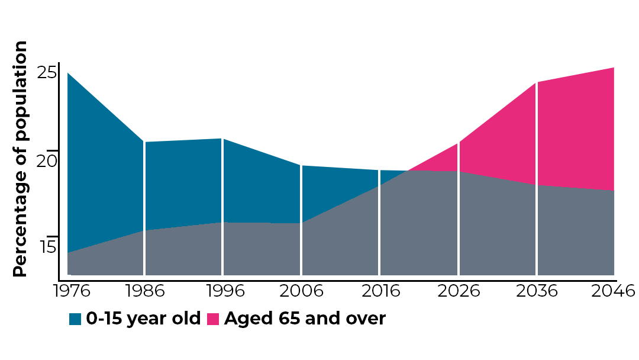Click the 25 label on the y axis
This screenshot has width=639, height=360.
[x=47, y=73]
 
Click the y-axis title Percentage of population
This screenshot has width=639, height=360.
[x=21, y=159]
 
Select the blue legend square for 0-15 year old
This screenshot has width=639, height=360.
[x=75, y=319]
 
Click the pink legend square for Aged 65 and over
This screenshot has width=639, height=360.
[x=213, y=319]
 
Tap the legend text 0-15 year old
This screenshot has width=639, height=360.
[x=144, y=319]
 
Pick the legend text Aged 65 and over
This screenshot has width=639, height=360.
[x=305, y=319]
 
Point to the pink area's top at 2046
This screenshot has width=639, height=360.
[x=614, y=68]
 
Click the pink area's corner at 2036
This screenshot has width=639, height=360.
[x=537, y=82]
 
